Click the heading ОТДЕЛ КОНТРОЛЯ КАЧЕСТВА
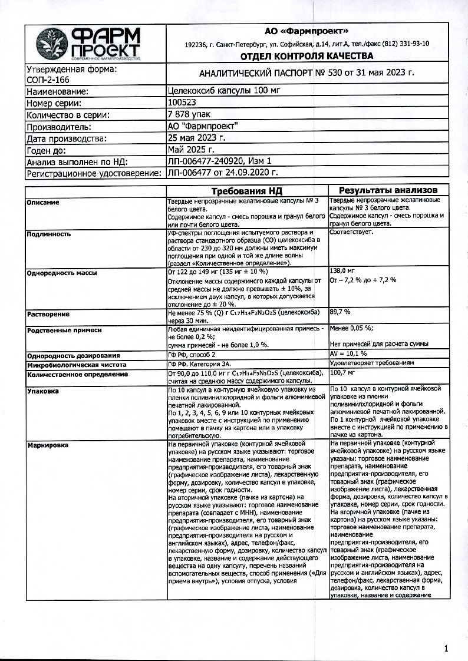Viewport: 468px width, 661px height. pos(306,57)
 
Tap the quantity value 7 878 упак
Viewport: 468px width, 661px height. pos(189,115)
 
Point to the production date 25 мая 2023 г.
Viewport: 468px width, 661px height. pos(196,138)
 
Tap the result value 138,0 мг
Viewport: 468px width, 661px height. pos(345,269)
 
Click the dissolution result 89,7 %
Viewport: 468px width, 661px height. pos(340,311)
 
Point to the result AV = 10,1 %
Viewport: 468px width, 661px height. pos(348,353)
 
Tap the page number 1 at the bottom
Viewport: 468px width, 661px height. pos(446,649)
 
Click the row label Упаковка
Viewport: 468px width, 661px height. pos(43,390)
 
